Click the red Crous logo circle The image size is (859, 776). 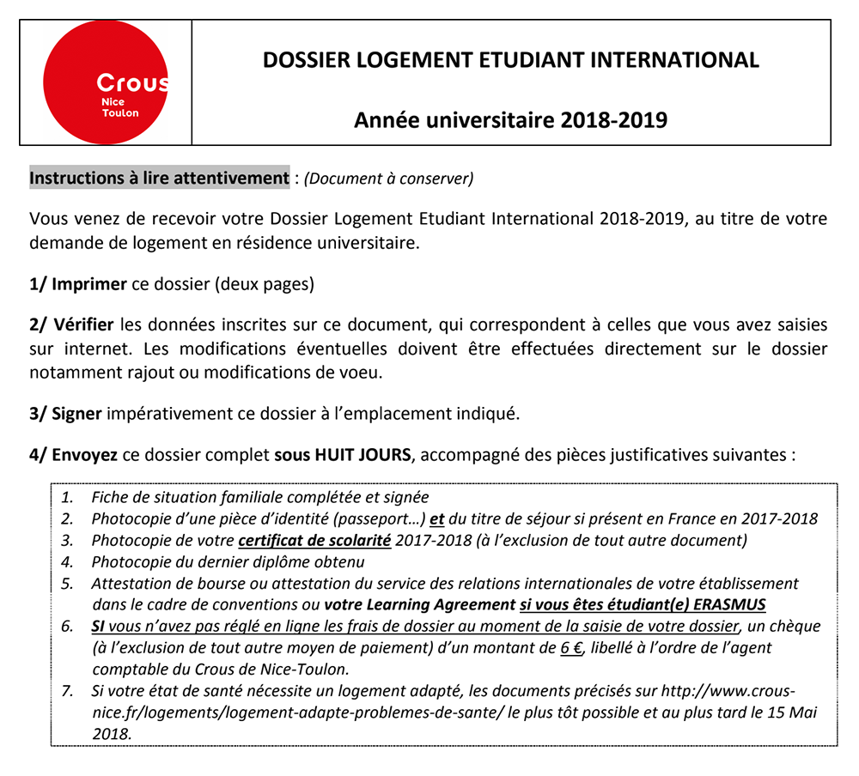coord(107,82)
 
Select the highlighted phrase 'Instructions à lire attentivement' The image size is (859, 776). coord(159,179)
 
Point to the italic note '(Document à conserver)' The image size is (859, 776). coord(388,179)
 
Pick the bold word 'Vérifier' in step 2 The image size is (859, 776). coord(83,325)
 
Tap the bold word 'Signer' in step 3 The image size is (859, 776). coord(77,413)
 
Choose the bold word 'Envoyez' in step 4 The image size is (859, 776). coord(85,454)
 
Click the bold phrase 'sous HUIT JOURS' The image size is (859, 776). coord(342,454)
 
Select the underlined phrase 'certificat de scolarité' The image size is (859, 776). coord(315,541)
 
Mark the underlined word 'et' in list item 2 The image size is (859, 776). coord(436,518)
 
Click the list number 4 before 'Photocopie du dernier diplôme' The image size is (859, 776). coord(66,562)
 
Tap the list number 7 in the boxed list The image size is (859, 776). coord(66,692)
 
